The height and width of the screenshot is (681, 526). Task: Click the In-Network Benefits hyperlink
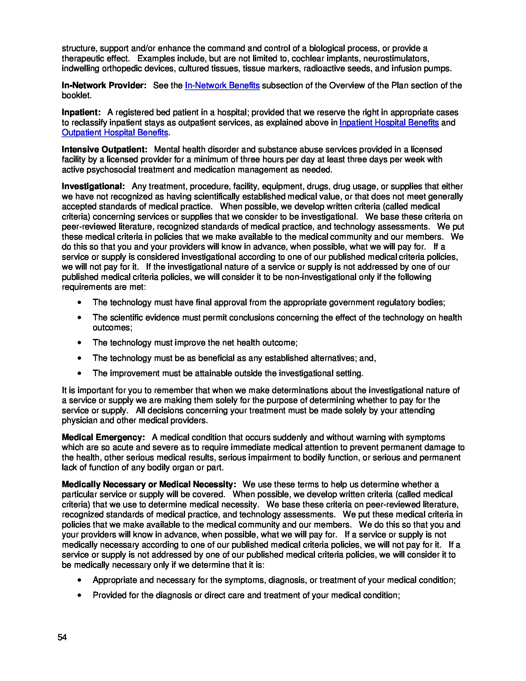[x=222, y=85]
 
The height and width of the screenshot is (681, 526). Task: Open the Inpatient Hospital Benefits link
[x=389, y=123]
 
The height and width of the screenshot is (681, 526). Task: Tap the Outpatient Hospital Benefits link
[x=115, y=132]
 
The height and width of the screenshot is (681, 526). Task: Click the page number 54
[x=62, y=637]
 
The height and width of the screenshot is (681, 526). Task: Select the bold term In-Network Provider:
[x=104, y=85]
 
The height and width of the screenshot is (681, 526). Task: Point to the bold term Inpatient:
[x=81, y=112]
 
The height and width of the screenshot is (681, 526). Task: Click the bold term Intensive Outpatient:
[x=104, y=150]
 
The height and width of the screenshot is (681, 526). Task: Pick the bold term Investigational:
[x=93, y=186]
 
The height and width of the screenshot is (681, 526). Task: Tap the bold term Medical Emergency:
[x=103, y=437]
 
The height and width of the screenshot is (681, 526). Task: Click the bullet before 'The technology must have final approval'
[x=80, y=302]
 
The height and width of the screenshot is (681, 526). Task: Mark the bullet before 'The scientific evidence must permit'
[x=80, y=318]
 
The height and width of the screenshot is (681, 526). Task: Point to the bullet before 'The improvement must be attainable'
[x=80, y=373]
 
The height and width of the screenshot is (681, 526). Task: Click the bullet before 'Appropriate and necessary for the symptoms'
[x=80, y=580]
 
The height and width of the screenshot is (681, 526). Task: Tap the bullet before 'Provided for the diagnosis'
[x=80, y=596]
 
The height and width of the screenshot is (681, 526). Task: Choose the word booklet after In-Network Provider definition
[x=76, y=95]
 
